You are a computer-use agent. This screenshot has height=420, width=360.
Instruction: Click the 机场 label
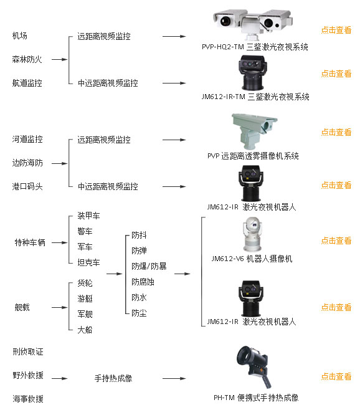(20, 36)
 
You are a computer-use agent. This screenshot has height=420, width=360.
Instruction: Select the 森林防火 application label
(27, 59)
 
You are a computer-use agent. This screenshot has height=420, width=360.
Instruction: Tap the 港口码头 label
(27, 186)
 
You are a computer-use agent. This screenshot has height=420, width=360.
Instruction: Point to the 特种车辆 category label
(30, 242)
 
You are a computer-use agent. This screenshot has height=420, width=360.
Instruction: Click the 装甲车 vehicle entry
(88, 216)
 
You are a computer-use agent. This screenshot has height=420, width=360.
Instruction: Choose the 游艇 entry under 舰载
(85, 298)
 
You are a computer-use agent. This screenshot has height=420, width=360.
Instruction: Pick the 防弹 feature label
(139, 251)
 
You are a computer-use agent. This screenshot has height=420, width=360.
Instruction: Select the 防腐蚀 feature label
(143, 282)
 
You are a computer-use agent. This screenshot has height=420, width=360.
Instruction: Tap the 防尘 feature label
(139, 313)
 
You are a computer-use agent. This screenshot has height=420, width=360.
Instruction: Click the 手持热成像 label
(113, 378)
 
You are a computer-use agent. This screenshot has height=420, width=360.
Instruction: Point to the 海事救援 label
(28, 399)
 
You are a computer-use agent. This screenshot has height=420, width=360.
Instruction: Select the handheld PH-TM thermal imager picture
(253, 366)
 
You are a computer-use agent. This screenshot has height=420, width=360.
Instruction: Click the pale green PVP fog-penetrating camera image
(254, 131)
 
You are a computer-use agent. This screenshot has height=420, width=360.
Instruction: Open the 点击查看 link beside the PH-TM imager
(336, 376)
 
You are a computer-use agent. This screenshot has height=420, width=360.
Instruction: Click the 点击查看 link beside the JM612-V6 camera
(336, 241)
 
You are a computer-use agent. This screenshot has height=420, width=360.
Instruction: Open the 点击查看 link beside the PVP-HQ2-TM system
(336, 30)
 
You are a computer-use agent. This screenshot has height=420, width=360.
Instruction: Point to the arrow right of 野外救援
(59, 378)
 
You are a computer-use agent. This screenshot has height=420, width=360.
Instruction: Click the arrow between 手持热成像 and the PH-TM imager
(174, 378)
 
